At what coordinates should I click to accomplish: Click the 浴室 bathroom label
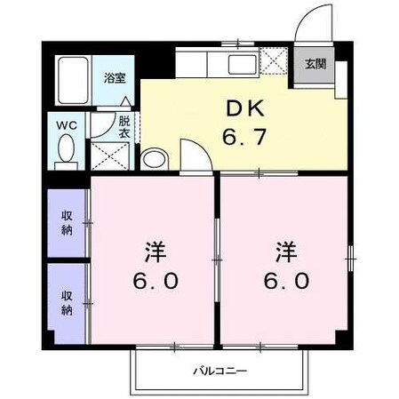pyautogui.click(x=115, y=78)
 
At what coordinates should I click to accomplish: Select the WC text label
pyautogui.click(x=66, y=126)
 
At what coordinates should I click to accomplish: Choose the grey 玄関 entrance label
pyautogui.click(x=315, y=64)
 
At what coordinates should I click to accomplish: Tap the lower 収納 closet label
pyautogui.click(x=66, y=302)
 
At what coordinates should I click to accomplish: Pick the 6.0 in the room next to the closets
pyautogui.click(x=157, y=282)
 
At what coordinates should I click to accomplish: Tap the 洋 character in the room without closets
pyautogui.click(x=285, y=251)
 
